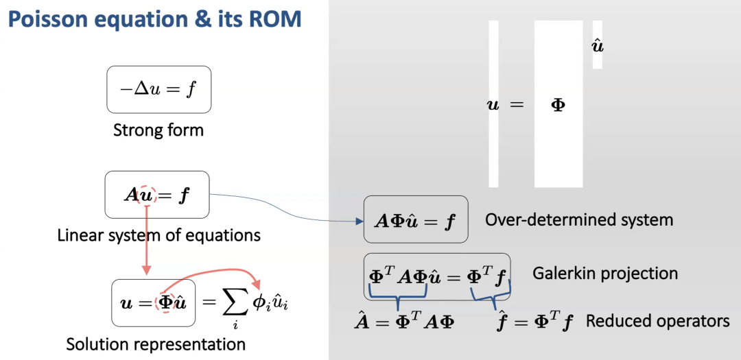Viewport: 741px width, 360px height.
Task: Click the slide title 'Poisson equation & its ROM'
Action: click(x=154, y=19)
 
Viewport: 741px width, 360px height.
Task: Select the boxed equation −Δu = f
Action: click(x=158, y=89)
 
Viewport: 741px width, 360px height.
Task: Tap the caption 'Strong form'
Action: click(x=158, y=130)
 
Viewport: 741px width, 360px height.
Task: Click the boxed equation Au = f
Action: click(x=156, y=195)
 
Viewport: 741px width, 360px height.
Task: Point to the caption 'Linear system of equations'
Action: click(x=158, y=236)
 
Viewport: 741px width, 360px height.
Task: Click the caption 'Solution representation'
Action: click(x=156, y=344)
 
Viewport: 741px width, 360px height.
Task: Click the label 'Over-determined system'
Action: click(x=579, y=220)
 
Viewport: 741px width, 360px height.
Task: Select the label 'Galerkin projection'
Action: click(x=605, y=274)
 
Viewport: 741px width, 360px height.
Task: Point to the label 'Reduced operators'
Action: click(x=657, y=321)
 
